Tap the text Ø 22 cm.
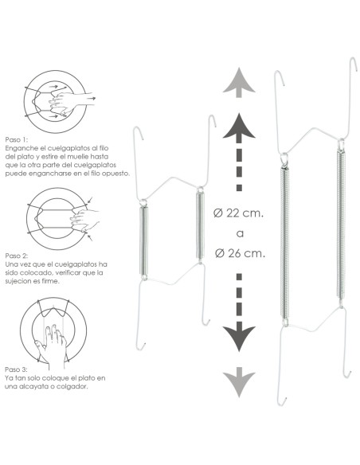[240, 213]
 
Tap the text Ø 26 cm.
[240, 252]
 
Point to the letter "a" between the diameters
[240, 233]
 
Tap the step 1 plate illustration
[54, 100]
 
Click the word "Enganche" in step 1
[20, 148]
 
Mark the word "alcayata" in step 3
[44, 388]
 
